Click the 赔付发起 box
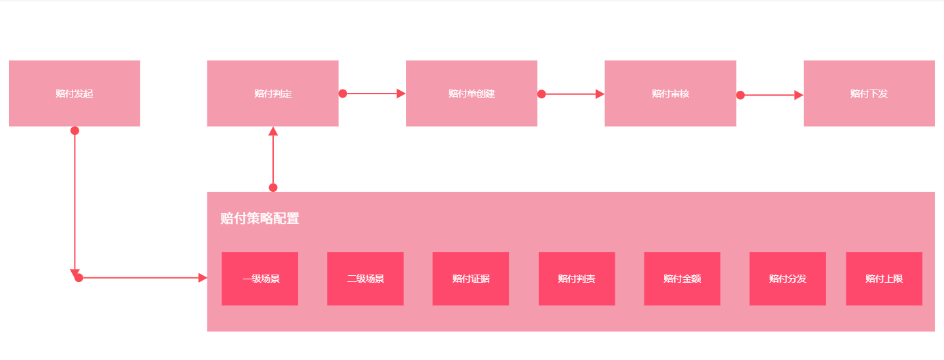click(x=75, y=93)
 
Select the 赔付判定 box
click(x=272, y=93)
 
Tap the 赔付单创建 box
click(x=472, y=93)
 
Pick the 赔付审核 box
click(x=670, y=93)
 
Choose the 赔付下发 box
click(x=869, y=93)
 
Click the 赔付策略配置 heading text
click(x=260, y=218)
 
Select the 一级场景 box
click(x=260, y=279)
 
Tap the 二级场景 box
click(x=365, y=279)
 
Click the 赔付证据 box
click(x=471, y=279)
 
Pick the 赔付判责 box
click(x=577, y=279)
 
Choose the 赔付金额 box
click(x=682, y=279)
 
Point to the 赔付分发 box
click(x=787, y=279)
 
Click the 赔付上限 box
click(x=884, y=279)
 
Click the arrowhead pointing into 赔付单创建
click(x=401, y=94)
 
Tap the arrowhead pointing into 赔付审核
click(x=600, y=94)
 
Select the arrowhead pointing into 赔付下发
click(x=799, y=96)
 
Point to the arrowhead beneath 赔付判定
click(x=273, y=131)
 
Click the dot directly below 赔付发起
click(x=75, y=131)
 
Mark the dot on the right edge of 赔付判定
click(x=343, y=94)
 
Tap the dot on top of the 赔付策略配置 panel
click(x=273, y=188)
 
